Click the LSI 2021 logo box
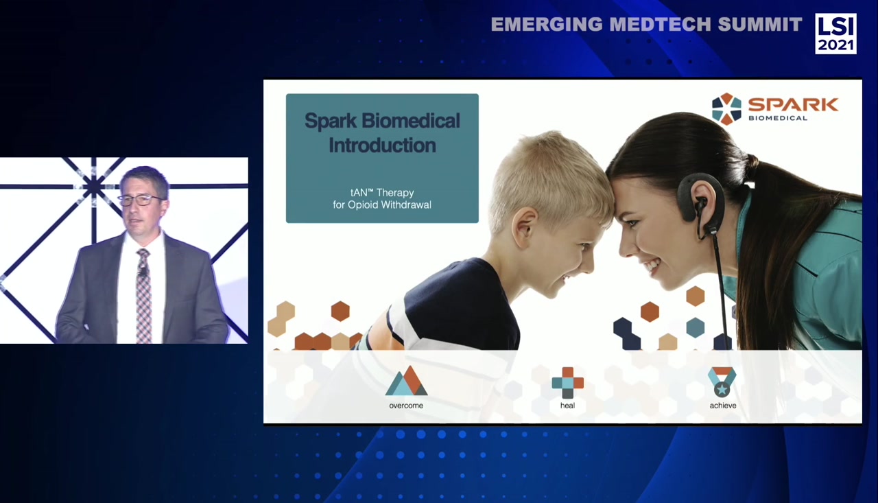click(835, 34)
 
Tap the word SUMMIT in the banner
click(760, 25)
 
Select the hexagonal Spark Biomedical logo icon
click(726, 108)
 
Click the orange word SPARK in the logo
click(793, 104)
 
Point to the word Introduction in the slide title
click(382, 145)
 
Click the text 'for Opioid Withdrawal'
click(382, 204)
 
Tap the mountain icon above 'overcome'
click(406, 382)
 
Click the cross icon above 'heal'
click(567, 382)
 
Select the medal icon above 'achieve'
click(722, 382)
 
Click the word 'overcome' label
click(406, 406)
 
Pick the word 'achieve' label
click(723, 406)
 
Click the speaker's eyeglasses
click(141, 200)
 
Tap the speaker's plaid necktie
click(143, 295)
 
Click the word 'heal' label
click(567, 406)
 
